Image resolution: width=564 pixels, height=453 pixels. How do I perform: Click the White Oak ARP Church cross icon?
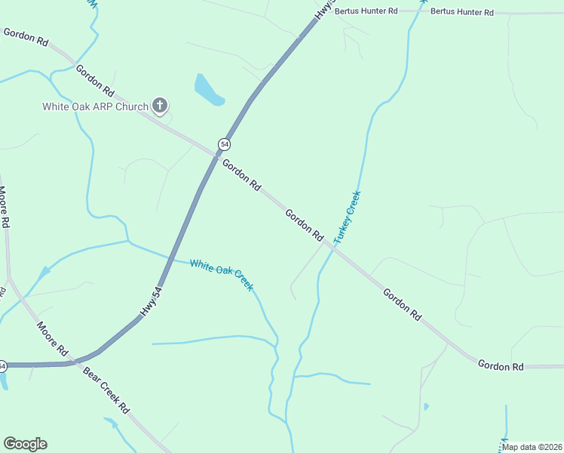tap(159, 106)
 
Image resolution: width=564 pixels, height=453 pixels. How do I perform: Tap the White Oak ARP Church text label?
tap(94, 106)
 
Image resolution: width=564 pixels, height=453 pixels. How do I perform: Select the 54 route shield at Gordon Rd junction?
tap(224, 143)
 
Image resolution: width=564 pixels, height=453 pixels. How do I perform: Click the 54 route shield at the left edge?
tap(2, 366)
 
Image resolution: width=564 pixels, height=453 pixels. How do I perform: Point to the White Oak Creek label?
tap(221, 275)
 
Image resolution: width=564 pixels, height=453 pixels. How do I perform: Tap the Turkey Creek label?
tap(348, 217)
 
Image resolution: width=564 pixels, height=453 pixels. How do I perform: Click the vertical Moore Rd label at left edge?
tap(4, 208)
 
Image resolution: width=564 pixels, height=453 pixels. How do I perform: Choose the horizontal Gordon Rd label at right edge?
tap(501, 365)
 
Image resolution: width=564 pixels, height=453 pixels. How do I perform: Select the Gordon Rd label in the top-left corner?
tap(26, 36)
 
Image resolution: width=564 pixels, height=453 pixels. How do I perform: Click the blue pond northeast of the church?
tap(208, 91)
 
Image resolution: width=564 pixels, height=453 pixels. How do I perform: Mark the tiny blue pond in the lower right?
tap(426, 407)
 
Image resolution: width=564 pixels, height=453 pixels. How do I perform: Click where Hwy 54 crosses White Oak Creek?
tap(176, 260)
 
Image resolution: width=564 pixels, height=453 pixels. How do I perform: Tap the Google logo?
tap(25, 444)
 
